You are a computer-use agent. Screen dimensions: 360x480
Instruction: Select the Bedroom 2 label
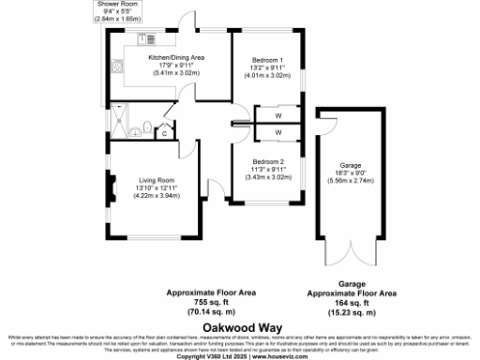267,160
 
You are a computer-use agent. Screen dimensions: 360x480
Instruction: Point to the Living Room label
154,180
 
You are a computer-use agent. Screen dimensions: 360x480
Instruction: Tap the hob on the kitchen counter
147,39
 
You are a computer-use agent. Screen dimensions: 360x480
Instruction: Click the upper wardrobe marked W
278,116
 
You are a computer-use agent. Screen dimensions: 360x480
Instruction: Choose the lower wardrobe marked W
278,132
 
